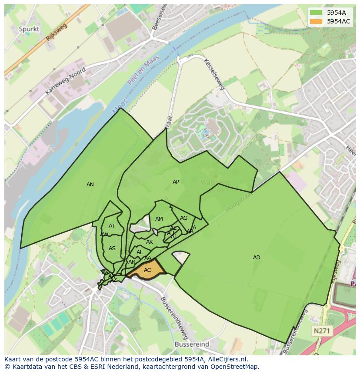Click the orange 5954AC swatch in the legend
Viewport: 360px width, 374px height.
pos(316,21)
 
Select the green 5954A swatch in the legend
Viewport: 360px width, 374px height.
pos(316,13)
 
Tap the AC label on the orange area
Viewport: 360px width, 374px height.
pos(147,270)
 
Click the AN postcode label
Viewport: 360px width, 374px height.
pos(90,185)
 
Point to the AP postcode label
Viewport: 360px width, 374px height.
pos(176,182)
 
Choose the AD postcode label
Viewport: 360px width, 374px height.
pos(257,258)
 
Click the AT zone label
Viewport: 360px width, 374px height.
pos(112,226)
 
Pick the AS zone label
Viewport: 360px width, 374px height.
pos(112,248)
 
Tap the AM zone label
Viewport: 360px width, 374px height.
pos(159,219)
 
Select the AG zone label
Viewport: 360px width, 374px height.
pos(183,218)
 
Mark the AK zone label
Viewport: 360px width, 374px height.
pos(150,242)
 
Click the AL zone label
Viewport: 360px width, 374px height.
pos(140,252)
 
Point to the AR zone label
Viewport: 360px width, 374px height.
pos(131,262)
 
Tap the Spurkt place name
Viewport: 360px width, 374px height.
pos(29,29)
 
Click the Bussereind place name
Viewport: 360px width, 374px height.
pos(192,344)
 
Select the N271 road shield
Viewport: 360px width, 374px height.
pos(322,331)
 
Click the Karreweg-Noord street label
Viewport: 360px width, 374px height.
pos(65,81)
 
